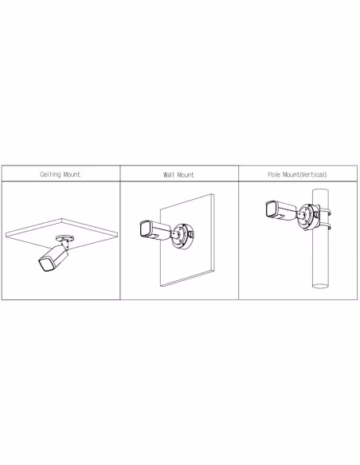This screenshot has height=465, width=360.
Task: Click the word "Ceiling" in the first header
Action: (x=50, y=174)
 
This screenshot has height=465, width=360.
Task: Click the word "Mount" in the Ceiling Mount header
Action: (x=72, y=174)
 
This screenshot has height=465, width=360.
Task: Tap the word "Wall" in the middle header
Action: (x=169, y=174)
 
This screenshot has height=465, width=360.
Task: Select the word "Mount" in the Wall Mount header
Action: (x=186, y=174)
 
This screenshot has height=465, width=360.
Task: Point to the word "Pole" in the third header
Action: (x=274, y=174)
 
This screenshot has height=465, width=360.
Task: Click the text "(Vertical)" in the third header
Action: (x=313, y=174)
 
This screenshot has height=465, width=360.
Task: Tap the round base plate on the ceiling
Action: (x=65, y=238)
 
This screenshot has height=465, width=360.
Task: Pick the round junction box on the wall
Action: (x=182, y=236)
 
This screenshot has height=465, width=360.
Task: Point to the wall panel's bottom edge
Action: (x=187, y=278)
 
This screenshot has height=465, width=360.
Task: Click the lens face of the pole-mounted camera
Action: (x=271, y=209)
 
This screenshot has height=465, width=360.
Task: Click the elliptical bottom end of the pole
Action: (x=320, y=286)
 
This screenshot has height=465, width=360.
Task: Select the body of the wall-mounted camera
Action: (x=155, y=229)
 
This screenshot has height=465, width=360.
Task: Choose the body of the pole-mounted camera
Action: (x=281, y=210)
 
